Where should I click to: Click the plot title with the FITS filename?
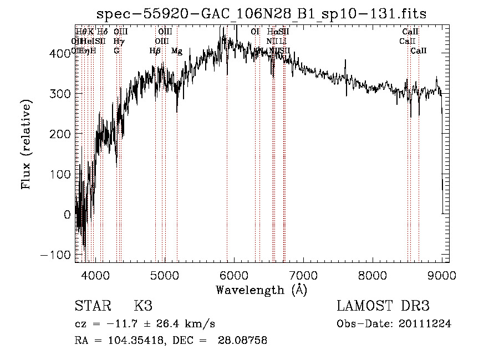(x=261, y=14)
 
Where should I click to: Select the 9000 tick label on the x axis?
(x=442, y=275)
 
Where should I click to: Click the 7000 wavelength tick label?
(x=303, y=275)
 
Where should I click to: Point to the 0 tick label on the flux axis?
(x=68, y=215)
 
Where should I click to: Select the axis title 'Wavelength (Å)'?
(x=261, y=290)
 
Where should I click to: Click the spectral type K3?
(x=143, y=306)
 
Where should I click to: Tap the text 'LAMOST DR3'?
(x=383, y=306)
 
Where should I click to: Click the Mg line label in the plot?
(x=177, y=51)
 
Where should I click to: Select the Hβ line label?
(x=155, y=51)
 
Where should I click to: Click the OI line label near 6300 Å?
(x=255, y=32)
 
